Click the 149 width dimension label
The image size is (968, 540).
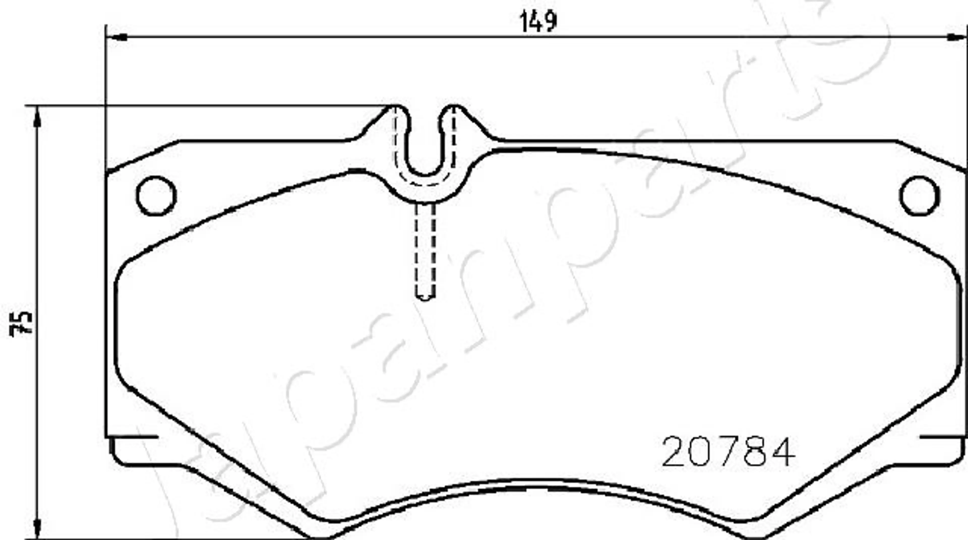[538, 21]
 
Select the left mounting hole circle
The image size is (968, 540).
[156, 195]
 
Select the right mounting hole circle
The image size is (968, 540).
[919, 195]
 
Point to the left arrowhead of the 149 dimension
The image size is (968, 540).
[116, 37]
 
